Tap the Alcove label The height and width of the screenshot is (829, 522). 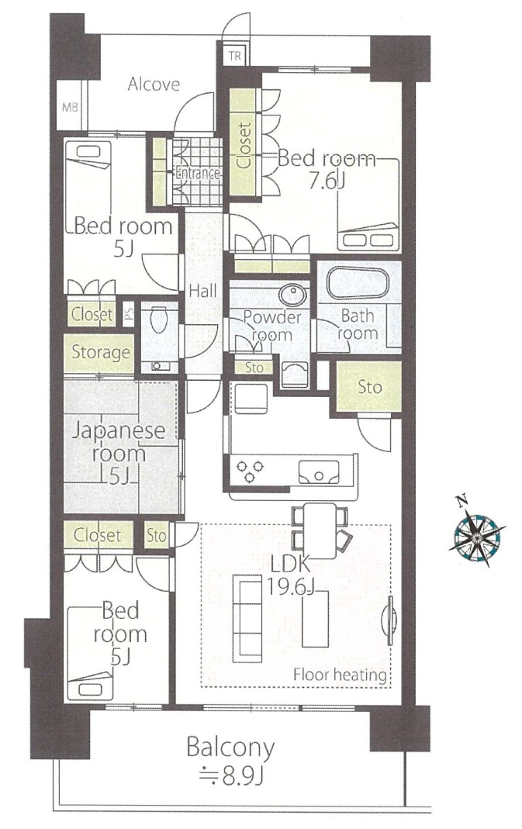tap(154, 84)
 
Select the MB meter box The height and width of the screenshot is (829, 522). tap(70, 107)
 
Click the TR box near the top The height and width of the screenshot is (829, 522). tap(235, 55)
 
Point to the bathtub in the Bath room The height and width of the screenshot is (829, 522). tap(358, 284)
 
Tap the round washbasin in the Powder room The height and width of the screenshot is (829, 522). tap(292, 294)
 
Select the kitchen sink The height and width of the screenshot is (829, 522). tap(319, 471)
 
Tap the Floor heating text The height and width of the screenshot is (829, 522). tap(340, 675)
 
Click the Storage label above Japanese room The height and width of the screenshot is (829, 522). tap(101, 352)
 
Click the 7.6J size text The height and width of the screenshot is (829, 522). tap(327, 181)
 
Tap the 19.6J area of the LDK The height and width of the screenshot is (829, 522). tap(289, 586)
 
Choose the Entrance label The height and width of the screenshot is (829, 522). tap(197, 174)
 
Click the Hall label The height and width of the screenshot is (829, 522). tap(203, 291)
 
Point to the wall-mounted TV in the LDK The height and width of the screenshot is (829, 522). tap(391, 620)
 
